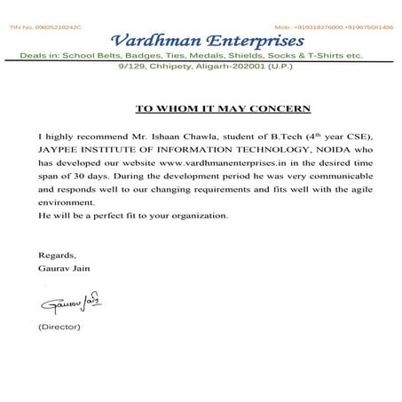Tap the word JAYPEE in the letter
click(x=59, y=152)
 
